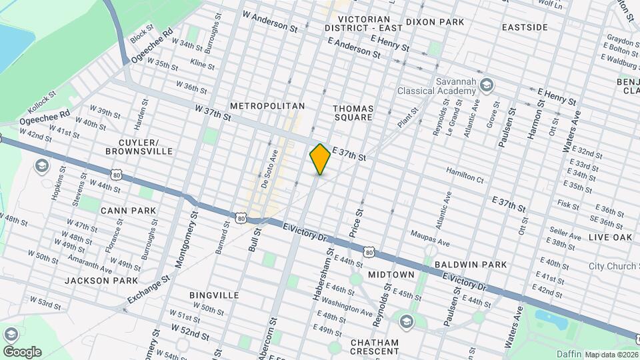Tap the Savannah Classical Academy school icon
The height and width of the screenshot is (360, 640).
click(x=487, y=84)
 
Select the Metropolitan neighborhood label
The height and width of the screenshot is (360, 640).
click(x=267, y=106)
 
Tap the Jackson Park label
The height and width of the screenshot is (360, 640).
click(x=101, y=281)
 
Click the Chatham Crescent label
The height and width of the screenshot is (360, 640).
click(x=374, y=347)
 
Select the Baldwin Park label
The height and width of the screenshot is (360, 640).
click(x=470, y=265)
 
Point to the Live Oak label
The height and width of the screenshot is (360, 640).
click(x=609, y=237)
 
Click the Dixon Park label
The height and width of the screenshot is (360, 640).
click(x=437, y=22)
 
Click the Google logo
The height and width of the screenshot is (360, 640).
click(x=21, y=352)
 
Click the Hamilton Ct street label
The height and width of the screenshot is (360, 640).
click(x=465, y=178)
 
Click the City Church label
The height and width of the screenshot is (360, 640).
click(x=613, y=266)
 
